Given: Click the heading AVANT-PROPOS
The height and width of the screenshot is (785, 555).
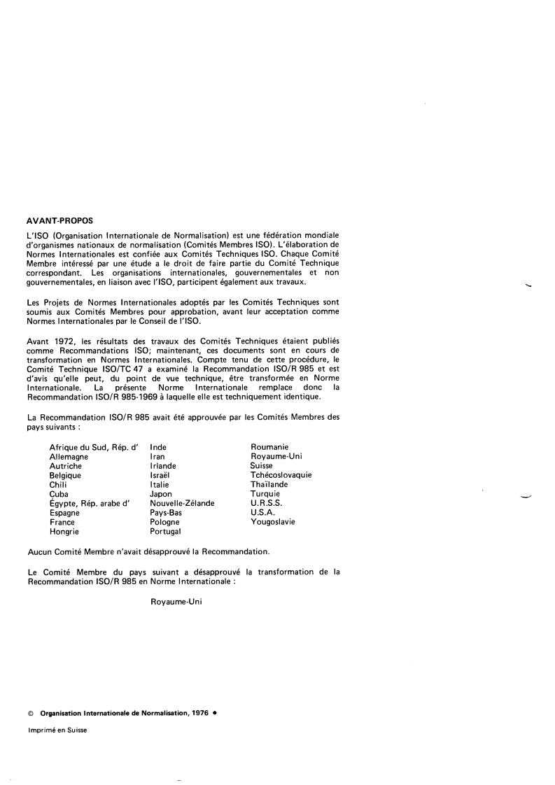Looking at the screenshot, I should coord(59,221).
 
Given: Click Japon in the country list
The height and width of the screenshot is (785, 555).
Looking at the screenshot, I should coord(161,494).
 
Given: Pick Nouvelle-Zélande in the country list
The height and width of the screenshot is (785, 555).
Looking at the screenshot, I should coord(182,503).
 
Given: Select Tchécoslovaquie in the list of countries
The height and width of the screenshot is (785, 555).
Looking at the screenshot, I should coord(281,475).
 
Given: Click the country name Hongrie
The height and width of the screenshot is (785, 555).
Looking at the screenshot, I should coord(64,532).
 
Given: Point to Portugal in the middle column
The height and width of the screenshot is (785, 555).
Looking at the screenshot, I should coord(166,532).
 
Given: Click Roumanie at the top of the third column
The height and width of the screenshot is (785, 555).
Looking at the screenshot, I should coord(269,447).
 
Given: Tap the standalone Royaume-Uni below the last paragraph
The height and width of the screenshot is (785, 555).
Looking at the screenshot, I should coord(176,601).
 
